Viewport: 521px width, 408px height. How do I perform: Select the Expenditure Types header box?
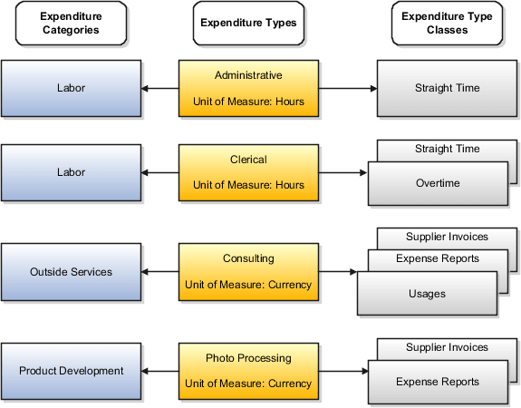pyautogui.click(x=247, y=24)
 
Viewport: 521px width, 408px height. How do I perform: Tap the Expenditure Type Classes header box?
pyautogui.click(x=447, y=24)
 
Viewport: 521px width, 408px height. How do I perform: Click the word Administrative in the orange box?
pyautogui.click(x=248, y=75)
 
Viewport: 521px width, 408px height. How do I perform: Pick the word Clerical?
pyautogui.click(x=248, y=160)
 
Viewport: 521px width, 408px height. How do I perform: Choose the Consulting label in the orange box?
pyautogui.click(x=248, y=258)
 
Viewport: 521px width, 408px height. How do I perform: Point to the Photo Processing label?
pyautogui.click(x=248, y=358)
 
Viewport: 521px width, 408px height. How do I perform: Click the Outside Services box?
pyautogui.click(x=71, y=272)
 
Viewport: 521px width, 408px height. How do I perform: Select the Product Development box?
pyautogui.click(x=71, y=371)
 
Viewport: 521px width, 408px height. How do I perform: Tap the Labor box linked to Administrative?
pyautogui.click(x=71, y=89)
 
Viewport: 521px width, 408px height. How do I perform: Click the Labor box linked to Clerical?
pyautogui.click(x=71, y=172)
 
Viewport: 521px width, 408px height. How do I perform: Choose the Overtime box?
pyautogui.click(x=438, y=184)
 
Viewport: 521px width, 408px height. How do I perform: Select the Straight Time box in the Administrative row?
pyautogui.click(x=447, y=89)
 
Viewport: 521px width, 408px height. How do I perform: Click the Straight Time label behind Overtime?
pyautogui.click(x=447, y=149)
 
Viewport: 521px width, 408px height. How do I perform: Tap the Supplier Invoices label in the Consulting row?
pyautogui.click(x=447, y=238)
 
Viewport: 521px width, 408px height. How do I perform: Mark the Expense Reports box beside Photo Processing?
pyautogui.click(x=438, y=383)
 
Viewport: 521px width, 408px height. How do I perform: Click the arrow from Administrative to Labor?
pyautogui.click(x=159, y=89)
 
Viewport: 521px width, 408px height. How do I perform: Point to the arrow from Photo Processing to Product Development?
pyautogui.click(x=159, y=371)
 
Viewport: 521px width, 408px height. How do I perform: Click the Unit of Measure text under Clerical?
pyautogui.click(x=248, y=185)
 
